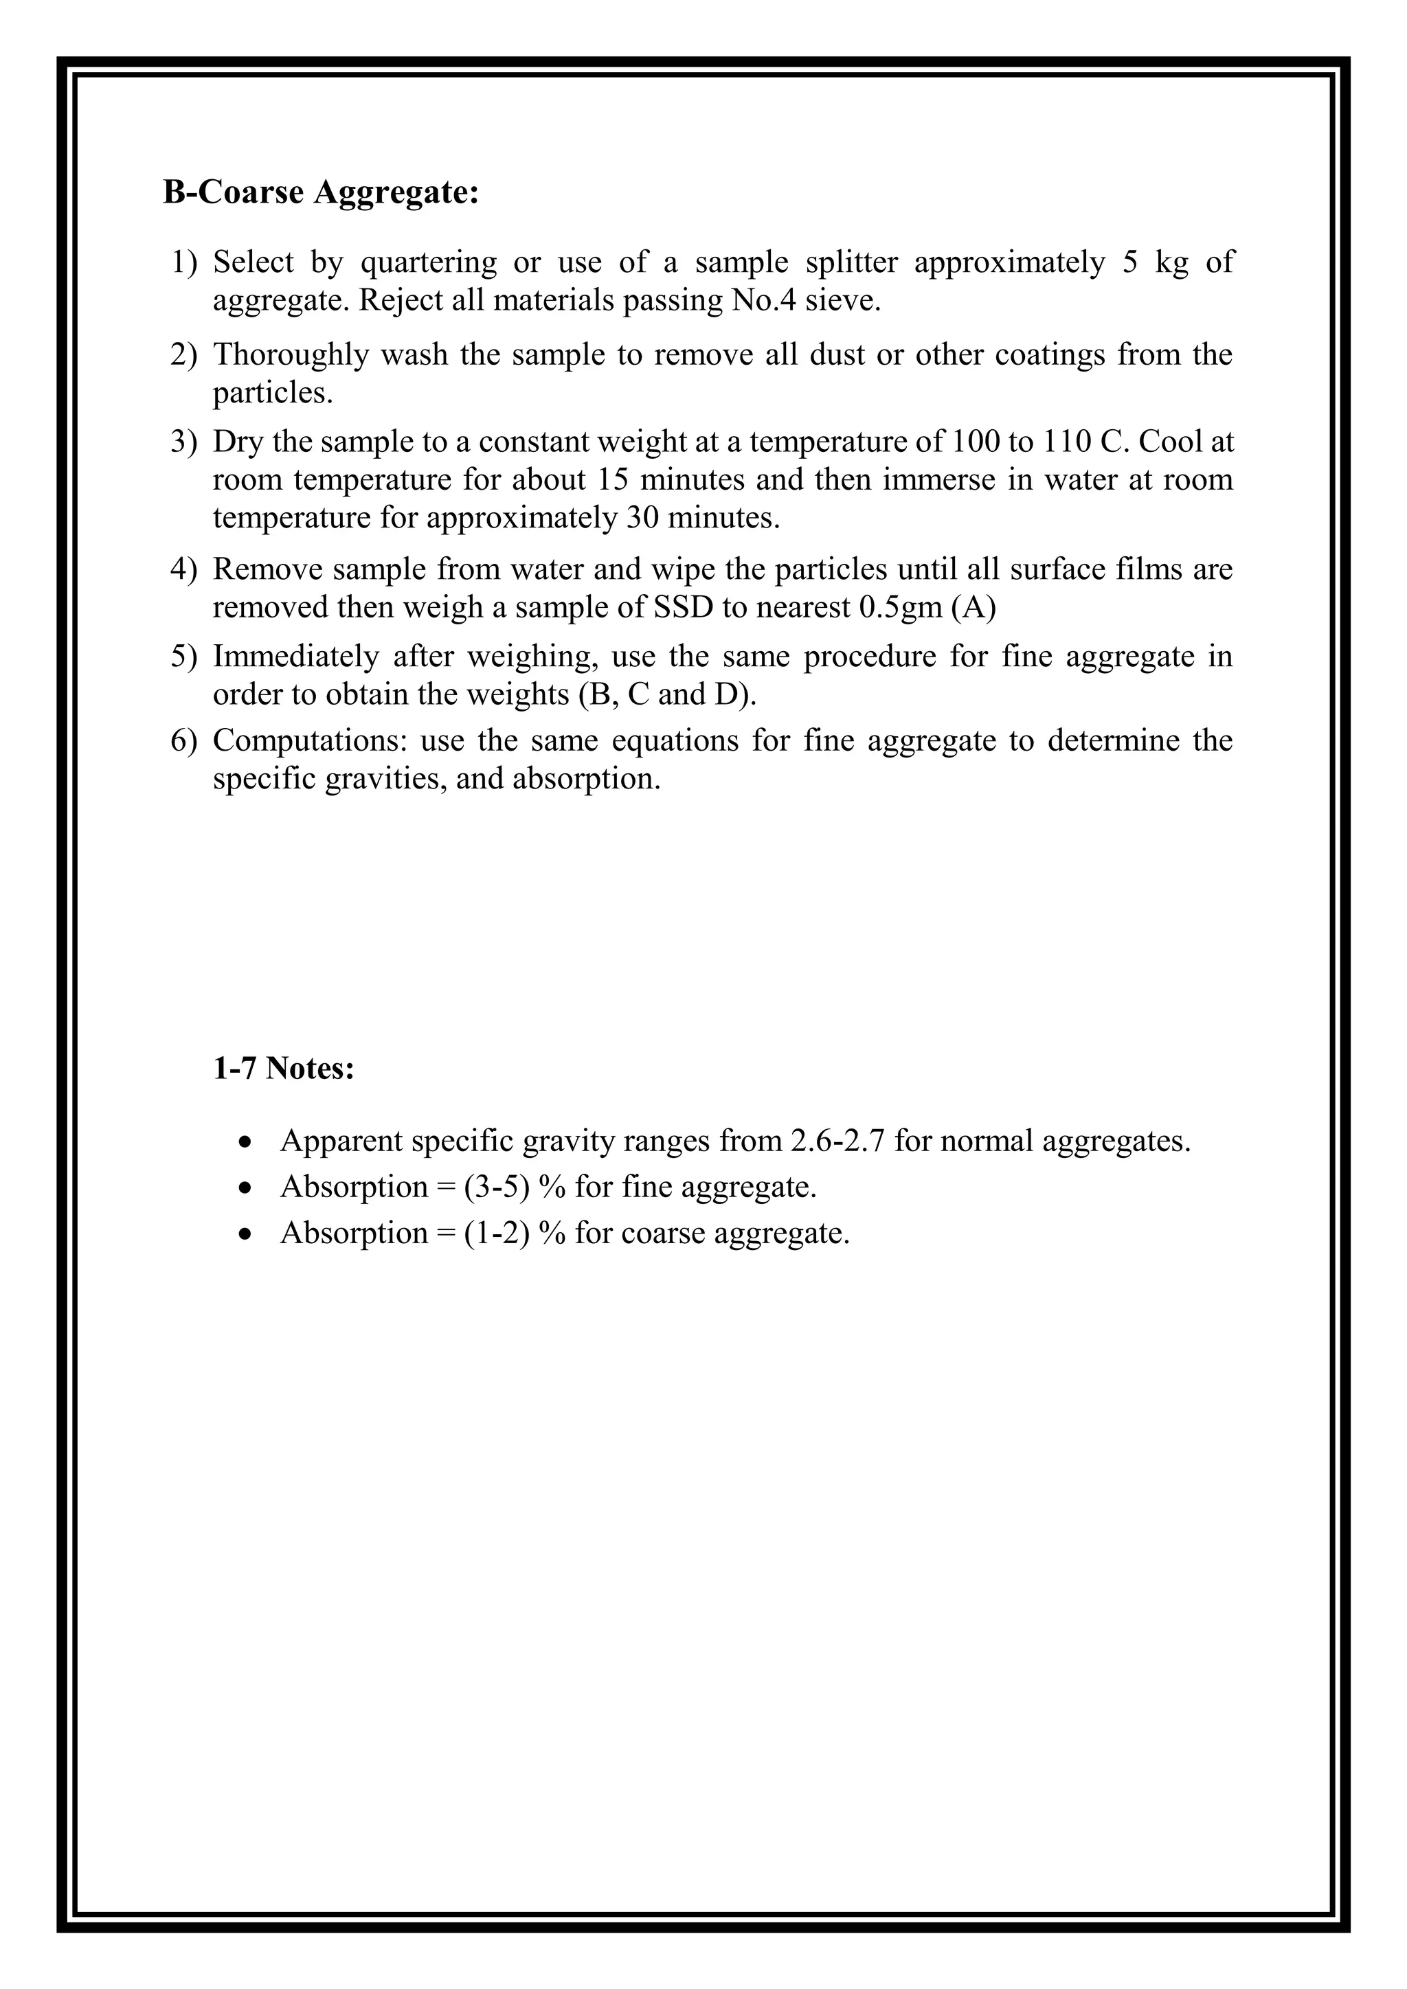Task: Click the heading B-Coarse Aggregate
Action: tap(321, 192)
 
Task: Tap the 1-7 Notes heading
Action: tap(283, 1068)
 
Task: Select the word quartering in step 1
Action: tap(428, 262)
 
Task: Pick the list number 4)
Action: tap(183, 569)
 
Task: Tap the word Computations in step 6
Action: tap(310, 740)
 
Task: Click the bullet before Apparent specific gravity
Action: tap(247, 1141)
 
